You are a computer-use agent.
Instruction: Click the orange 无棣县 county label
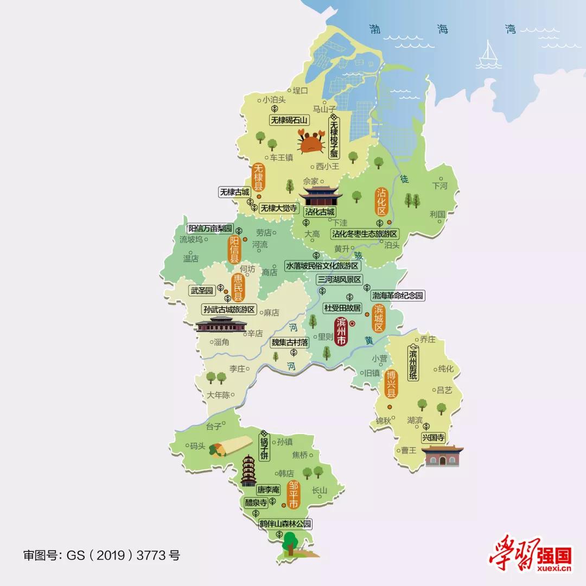click(259, 176)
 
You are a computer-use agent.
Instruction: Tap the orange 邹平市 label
click(293, 494)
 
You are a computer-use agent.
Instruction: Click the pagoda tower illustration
click(249, 470)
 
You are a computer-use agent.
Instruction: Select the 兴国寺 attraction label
click(433, 437)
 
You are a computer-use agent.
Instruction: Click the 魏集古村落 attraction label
click(290, 342)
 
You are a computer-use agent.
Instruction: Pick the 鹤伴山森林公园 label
click(286, 524)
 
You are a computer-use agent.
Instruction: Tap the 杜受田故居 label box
click(342, 308)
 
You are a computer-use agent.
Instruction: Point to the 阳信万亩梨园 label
click(210, 228)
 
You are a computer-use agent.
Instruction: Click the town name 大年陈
click(219, 395)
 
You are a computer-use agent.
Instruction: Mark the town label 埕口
click(300, 91)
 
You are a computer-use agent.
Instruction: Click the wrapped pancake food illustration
click(228, 447)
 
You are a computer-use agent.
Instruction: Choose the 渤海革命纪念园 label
click(397, 296)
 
